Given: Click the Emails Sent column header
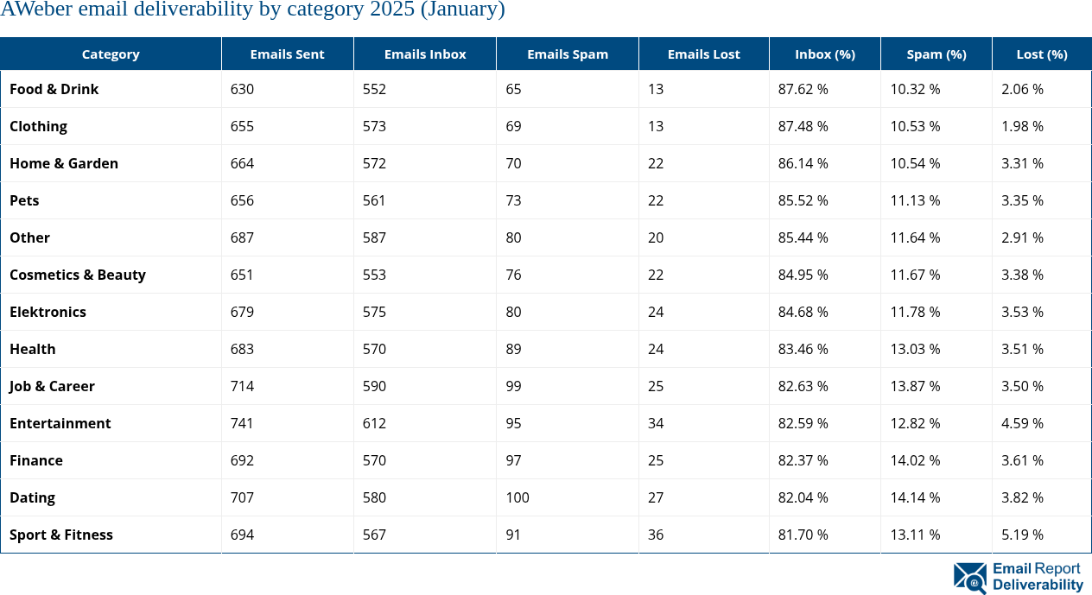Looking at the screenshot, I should tap(287, 54).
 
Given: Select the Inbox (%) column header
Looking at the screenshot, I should tap(824, 54).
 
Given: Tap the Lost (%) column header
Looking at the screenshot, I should tap(1041, 54).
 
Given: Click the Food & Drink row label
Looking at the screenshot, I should tap(54, 89).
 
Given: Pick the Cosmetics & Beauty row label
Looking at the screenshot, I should tap(78, 275).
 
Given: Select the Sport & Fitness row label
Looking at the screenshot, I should tap(61, 535).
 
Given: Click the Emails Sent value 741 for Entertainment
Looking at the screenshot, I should tap(243, 423).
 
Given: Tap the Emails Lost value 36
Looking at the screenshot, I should tap(656, 535).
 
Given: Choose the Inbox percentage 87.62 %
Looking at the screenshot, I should tap(803, 89).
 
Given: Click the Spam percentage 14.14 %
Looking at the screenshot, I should tap(915, 497).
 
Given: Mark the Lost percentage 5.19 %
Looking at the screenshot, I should tap(1022, 535).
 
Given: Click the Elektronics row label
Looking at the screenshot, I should tap(48, 312).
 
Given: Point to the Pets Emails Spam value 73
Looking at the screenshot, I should tap(514, 200).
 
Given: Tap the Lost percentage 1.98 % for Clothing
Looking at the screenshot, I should tap(1022, 126).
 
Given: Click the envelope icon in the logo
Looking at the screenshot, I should tap(970, 578).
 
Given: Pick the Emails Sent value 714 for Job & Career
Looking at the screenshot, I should tap(243, 386).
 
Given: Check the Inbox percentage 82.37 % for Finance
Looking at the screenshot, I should tap(803, 460).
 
